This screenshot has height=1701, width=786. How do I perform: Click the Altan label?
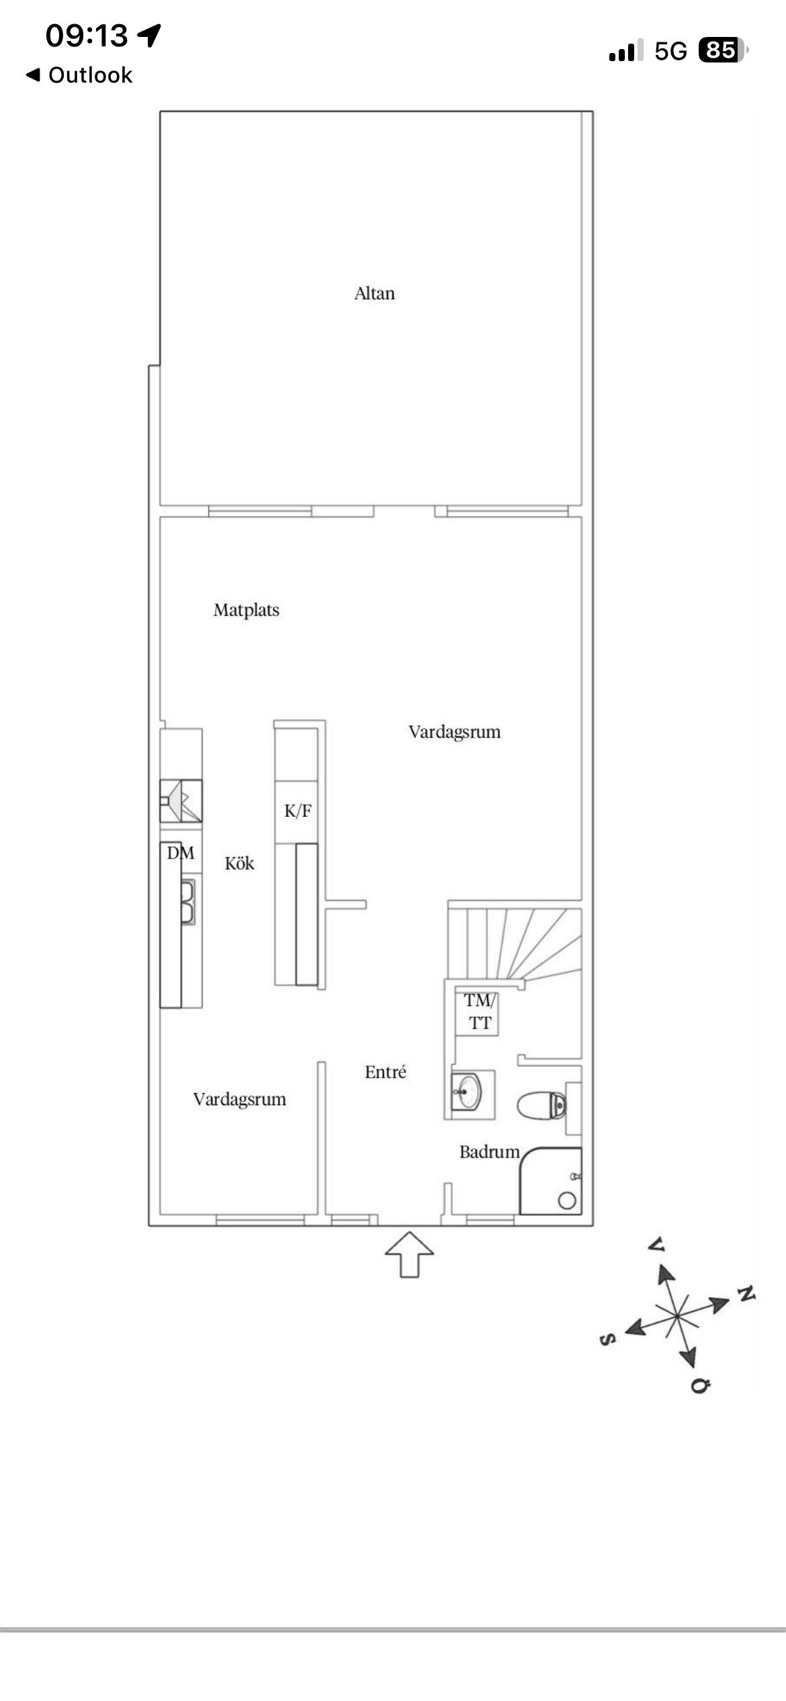pos(374,294)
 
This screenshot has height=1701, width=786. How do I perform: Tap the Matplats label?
pos(246,610)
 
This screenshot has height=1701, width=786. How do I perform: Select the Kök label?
pos(239,863)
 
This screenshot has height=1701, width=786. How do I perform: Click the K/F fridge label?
pos(298,811)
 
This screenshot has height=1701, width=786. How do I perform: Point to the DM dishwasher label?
pos(181,853)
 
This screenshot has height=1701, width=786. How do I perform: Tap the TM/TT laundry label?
pos(480,1012)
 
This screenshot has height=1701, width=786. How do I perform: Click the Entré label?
pos(386,1072)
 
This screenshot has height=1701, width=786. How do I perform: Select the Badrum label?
pos(489,1152)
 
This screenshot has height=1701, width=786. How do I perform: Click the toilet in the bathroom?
pos(541,1105)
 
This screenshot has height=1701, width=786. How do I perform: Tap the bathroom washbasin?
pos(467,1092)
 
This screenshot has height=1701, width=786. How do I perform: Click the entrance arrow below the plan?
pos(409,1254)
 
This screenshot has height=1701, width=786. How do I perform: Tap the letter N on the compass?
pos(746,1293)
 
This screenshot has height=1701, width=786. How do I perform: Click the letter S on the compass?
pos(607,1340)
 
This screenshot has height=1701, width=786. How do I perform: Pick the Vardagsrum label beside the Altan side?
pos(455,732)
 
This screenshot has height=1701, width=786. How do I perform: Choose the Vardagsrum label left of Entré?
pos(240,1099)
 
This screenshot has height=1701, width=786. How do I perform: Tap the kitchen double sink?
pos(188,902)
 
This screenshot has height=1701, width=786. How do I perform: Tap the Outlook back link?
pos(79,75)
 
